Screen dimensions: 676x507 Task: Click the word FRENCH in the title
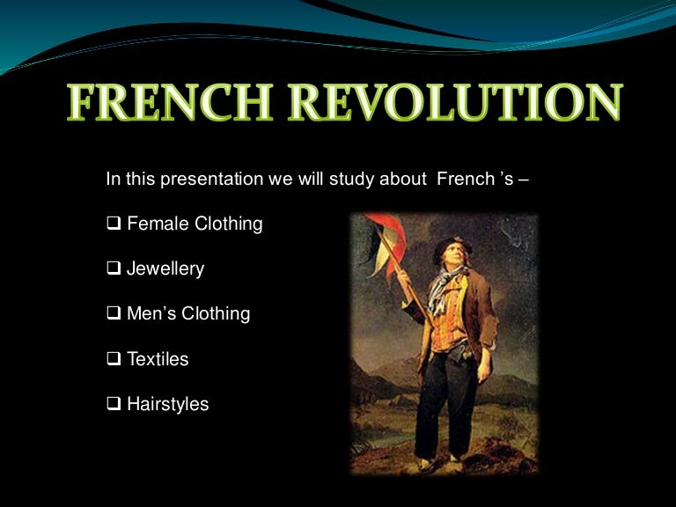(170, 102)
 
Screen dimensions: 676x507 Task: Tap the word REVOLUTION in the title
(456, 102)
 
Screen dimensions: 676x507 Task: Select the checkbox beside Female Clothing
(114, 224)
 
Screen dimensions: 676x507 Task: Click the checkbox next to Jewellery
(114, 268)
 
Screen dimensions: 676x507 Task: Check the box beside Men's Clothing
(114, 313)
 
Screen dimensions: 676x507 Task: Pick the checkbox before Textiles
(114, 358)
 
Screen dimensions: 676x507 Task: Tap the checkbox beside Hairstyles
(114, 403)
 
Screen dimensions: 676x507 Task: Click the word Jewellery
(165, 268)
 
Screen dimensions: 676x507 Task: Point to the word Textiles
(158, 359)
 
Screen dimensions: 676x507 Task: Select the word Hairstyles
(168, 404)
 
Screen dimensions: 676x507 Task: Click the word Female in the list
(158, 224)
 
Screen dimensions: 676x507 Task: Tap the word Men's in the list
(151, 313)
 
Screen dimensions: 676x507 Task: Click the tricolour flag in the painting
(385, 244)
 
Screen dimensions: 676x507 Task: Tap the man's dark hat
(450, 246)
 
